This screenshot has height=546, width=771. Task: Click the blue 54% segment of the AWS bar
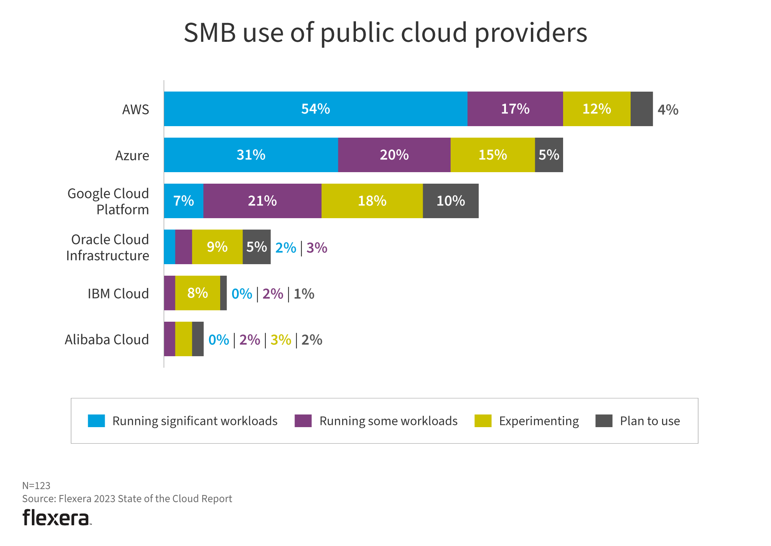tap(315, 109)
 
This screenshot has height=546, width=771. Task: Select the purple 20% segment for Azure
tap(394, 155)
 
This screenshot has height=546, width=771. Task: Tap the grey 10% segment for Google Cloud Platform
tap(450, 201)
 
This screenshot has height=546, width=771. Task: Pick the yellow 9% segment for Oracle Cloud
tap(217, 247)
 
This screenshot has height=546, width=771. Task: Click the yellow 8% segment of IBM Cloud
tap(198, 293)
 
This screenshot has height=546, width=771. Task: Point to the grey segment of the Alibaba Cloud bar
tap(198, 339)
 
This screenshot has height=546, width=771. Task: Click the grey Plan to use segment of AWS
tap(641, 109)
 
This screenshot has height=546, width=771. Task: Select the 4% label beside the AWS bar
tap(668, 110)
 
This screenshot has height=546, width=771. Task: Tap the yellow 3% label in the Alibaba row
tap(281, 340)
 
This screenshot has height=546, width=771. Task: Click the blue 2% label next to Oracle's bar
tap(286, 248)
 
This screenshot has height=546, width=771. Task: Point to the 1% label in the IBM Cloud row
tap(304, 294)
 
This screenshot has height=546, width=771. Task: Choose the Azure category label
tap(132, 155)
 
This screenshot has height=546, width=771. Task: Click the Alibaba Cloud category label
tap(107, 339)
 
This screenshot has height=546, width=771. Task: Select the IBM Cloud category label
tap(118, 293)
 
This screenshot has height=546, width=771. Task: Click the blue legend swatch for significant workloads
tap(96, 421)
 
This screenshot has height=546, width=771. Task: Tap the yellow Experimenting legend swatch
tap(483, 421)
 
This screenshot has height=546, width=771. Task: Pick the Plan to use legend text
tap(650, 421)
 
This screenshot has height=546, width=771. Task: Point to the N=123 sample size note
tap(36, 485)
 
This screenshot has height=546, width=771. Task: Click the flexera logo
tap(56, 518)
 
